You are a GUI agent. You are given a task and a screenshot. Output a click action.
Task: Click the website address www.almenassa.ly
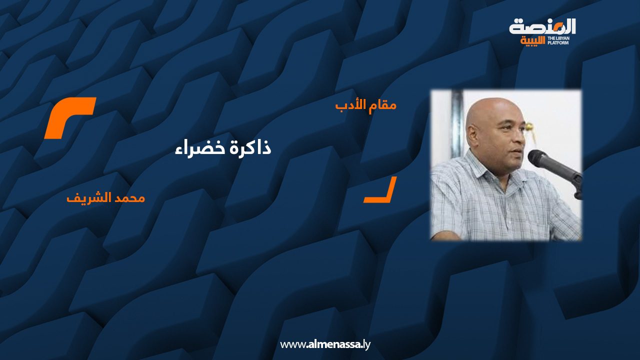[325, 344]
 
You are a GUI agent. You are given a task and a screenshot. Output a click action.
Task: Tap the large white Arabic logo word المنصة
[542, 27]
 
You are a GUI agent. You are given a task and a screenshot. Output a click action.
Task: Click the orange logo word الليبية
[532, 41]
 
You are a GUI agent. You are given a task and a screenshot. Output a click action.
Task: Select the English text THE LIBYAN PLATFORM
[558, 40]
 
